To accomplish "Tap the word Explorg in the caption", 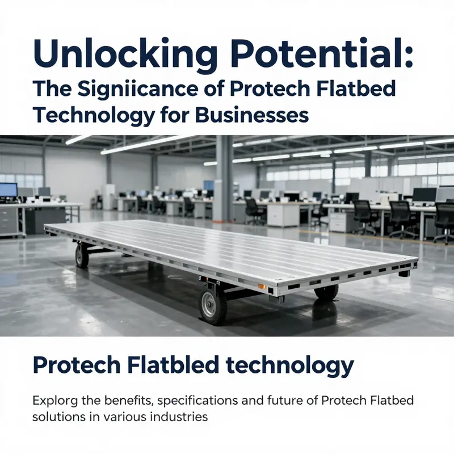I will pyautogui.click(x=54, y=401).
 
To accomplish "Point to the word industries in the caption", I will pyautogui.click(x=183, y=417).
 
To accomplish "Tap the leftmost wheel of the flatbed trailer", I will pyautogui.click(x=82, y=255).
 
